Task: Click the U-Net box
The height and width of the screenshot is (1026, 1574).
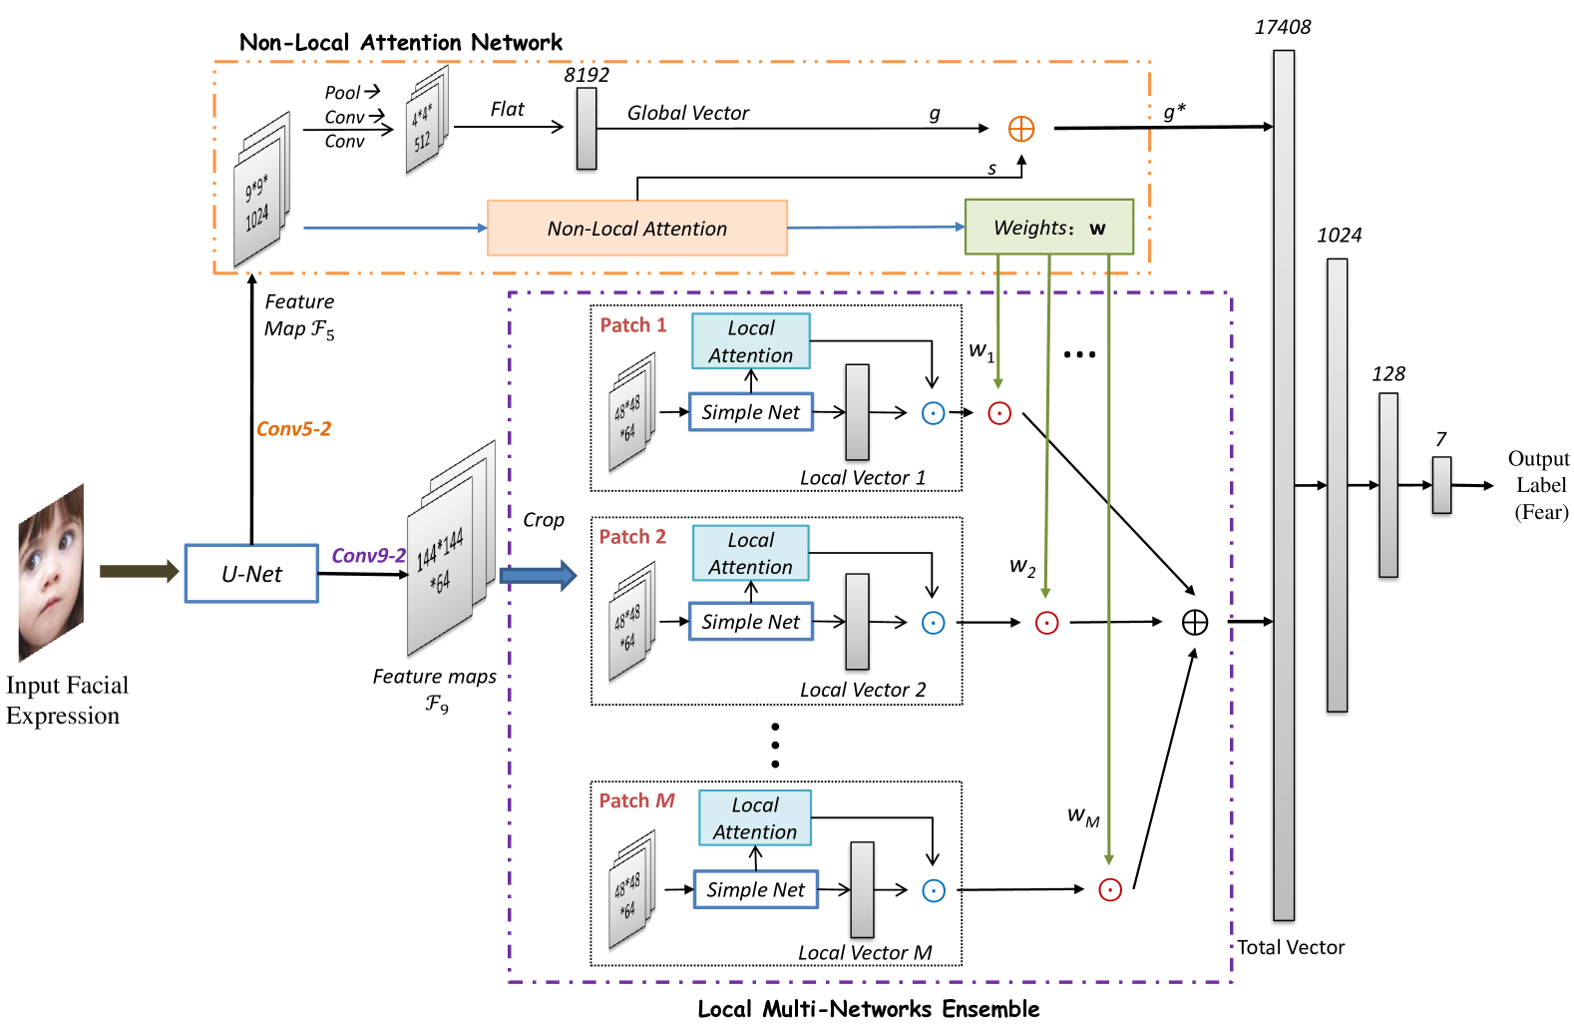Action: (x=251, y=574)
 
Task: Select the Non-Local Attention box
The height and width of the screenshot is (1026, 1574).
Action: (x=636, y=229)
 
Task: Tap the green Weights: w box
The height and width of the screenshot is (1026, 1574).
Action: (x=1048, y=228)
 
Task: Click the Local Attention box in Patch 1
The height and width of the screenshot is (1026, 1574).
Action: (x=751, y=341)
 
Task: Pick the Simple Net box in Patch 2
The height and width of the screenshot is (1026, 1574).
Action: (x=750, y=622)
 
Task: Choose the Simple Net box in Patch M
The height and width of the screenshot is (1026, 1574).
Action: (x=755, y=889)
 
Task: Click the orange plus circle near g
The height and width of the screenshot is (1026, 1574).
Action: (x=1021, y=129)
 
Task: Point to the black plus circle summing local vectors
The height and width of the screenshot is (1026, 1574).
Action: (x=1194, y=623)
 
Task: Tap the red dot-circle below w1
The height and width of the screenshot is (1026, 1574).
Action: (x=999, y=413)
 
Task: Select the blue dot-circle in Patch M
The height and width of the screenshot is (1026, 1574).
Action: (x=934, y=890)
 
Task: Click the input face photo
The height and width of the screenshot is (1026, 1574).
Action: (x=52, y=573)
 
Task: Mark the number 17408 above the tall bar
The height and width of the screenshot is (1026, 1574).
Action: (x=1283, y=28)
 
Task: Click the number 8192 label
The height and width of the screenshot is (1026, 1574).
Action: (x=587, y=75)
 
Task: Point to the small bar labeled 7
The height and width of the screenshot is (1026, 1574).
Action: (x=1441, y=485)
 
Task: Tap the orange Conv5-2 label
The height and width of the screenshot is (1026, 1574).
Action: (x=293, y=429)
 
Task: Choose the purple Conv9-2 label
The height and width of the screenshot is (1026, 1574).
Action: (x=368, y=556)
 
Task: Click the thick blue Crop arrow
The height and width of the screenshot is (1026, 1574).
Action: (x=538, y=575)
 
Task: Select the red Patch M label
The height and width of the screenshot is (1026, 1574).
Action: (x=636, y=800)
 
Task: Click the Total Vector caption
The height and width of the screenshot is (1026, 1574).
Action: (x=1291, y=947)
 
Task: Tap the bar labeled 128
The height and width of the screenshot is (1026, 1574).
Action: (x=1388, y=485)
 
